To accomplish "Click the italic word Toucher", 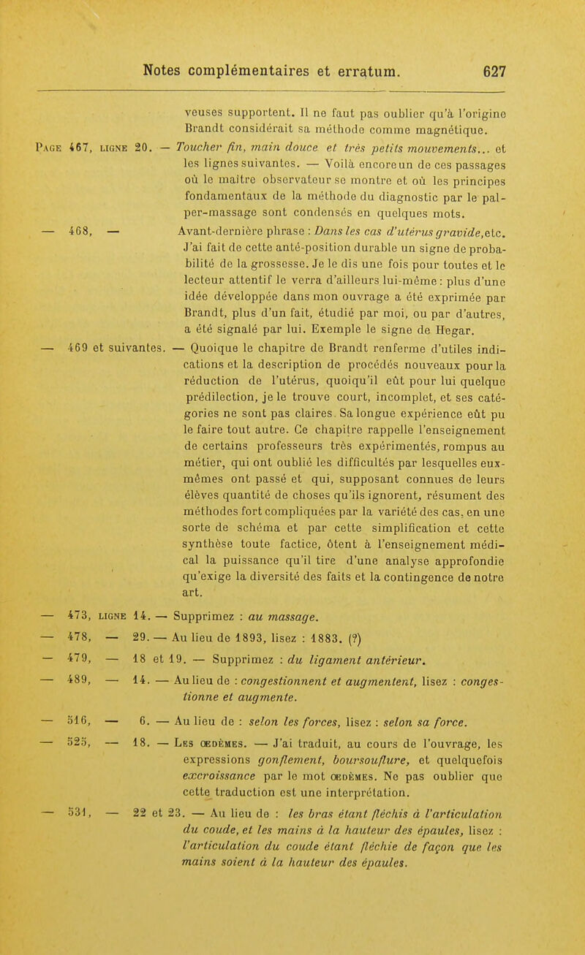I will coord(200,151).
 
